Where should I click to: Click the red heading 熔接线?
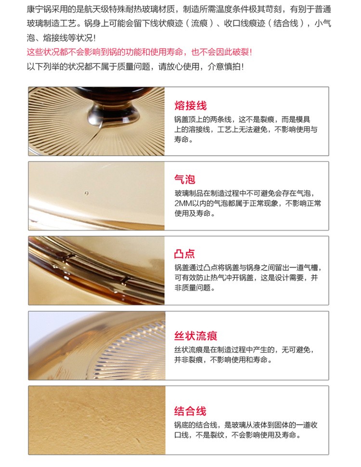coord(190,105)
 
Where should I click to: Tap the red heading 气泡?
coord(185,179)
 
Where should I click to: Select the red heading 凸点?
coord(185,254)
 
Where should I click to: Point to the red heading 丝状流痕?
coord(196,336)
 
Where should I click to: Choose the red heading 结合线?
coord(190,411)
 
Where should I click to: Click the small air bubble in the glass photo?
coord(86,193)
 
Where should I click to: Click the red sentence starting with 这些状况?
coord(140,52)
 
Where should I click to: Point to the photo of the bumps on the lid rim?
coord(96,270)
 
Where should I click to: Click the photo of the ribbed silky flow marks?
coord(97,345)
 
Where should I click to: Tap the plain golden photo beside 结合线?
coord(97,420)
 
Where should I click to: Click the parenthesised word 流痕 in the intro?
coord(199,24)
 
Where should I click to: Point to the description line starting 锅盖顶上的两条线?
coord(242,120)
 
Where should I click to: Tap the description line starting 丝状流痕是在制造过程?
coord(245,350)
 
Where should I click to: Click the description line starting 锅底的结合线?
coord(246,425)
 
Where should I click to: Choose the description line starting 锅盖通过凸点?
coord(248,268)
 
